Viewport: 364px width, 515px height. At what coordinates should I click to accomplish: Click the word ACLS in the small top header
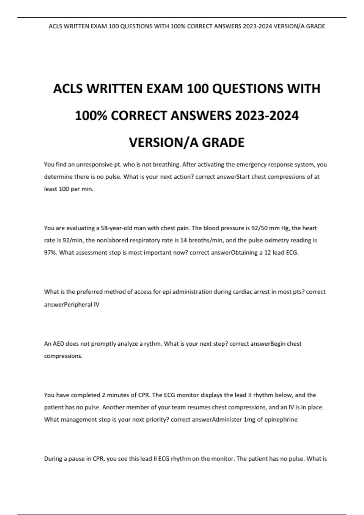(55, 26)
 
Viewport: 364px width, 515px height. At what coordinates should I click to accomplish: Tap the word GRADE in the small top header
(315, 26)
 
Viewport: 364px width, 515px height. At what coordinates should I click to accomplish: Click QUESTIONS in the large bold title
(244, 89)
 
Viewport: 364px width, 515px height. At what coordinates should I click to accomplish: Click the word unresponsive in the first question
(94, 164)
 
